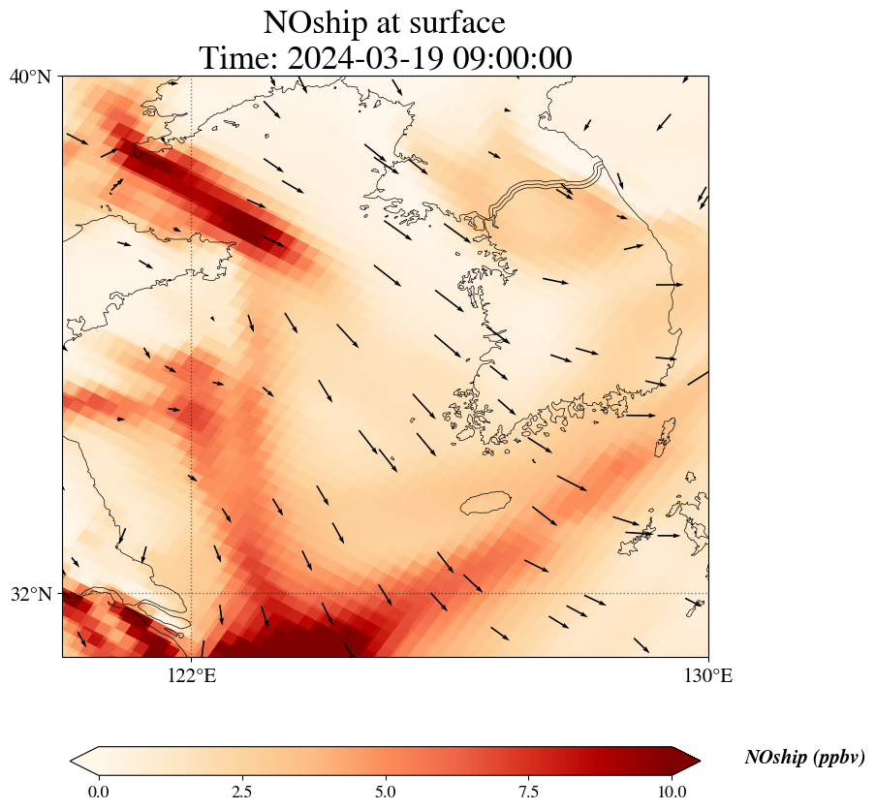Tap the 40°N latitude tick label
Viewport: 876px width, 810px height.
(31, 77)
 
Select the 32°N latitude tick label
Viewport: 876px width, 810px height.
(31, 594)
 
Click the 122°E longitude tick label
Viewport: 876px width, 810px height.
(192, 675)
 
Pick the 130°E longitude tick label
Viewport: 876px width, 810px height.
(708, 675)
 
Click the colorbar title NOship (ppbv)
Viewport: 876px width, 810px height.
(804, 758)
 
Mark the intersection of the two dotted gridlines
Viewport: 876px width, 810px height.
(192, 593)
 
